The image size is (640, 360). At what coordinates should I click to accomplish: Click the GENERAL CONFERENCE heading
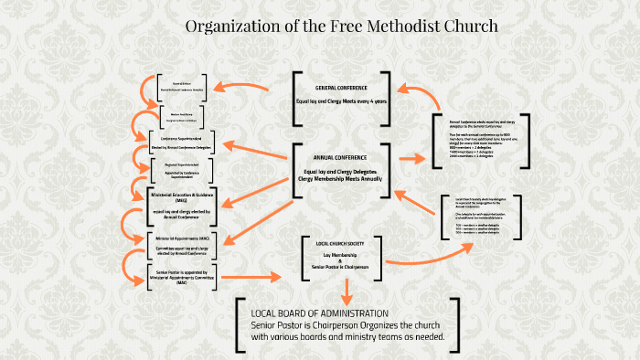(341, 88)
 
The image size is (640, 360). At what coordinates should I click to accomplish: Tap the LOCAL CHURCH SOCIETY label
(339, 244)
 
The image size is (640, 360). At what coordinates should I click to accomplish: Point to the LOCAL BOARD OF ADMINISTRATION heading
(319, 313)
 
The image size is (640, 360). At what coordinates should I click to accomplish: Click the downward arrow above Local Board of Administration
(347, 291)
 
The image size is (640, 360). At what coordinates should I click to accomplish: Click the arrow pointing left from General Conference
(242, 90)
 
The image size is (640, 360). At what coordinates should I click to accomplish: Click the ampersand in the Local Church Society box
(340, 260)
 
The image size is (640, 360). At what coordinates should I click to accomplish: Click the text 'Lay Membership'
(340, 255)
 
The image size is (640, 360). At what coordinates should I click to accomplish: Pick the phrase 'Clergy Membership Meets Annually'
(340, 179)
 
